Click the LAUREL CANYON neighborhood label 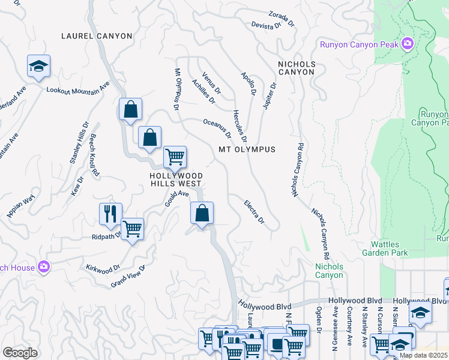pyautogui.click(x=97, y=36)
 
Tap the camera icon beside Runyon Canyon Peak pyautogui.click(x=408, y=43)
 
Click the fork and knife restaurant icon pyautogui.click(x=110, y=214)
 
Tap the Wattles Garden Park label pyautogui.click(x=389, y=248)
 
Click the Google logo pyautogui.click(x=20, y=352)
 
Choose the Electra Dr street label pyautogui.click(x=255, y=212)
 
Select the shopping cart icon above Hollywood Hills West pyautogui.click(x=175, y=157)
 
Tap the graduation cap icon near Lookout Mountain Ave pyautogui.click(x=39, y=66)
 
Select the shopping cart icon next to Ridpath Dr pyautogui.click(x=132, y=229)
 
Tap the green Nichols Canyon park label pyautogui.click(x=330, y=271)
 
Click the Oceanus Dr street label pyautogui.click(x=217, y=127)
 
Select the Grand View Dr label pyautogui.click(x=128, y=277)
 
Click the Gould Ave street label pyautogui.click(x=177, y=198)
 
